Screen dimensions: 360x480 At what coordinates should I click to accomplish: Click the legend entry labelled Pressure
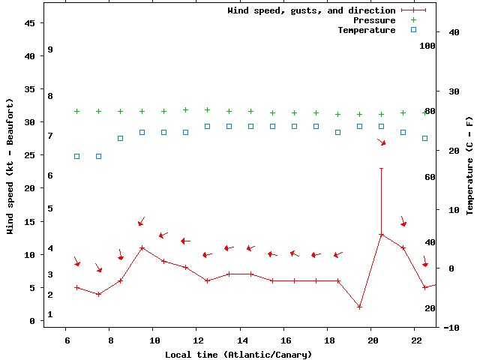tap(374, 20)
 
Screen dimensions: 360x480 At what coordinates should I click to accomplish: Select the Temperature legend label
tap(366, 30)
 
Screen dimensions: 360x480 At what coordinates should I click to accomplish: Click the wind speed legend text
tap(311, 10)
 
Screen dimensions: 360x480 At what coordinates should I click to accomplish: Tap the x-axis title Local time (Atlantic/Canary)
tap(238, 355)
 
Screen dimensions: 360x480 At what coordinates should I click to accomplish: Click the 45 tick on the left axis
tap(30, 23)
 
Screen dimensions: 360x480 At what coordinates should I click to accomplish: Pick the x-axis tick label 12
tap(196, 340)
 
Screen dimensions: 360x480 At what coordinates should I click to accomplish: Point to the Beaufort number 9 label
tap(49, 49)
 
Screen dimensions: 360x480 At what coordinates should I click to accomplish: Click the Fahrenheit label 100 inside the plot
tap(427, 46)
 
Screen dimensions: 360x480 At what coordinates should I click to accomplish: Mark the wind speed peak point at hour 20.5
tap(381, 235)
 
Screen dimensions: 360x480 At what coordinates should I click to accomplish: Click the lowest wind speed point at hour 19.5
tap(359, 307)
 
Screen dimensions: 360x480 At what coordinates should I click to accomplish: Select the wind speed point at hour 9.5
tap(142, 247)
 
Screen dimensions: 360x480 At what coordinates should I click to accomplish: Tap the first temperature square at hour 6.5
tap(76, 156)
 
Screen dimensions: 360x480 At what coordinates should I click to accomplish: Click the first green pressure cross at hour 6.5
tap(76, 111)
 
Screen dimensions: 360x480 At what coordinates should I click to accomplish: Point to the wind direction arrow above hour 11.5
tap(185, 241)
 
